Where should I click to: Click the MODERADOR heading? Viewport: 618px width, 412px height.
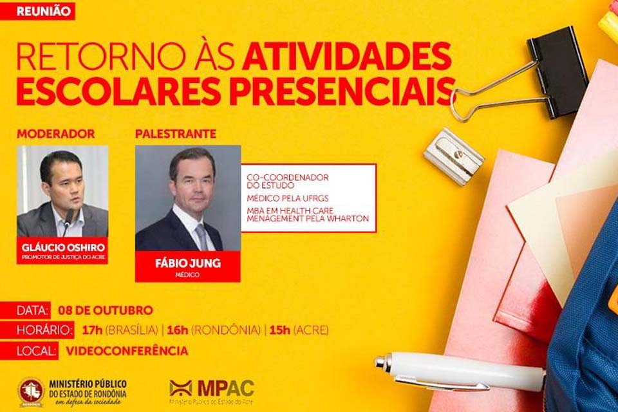[x=55, y=134]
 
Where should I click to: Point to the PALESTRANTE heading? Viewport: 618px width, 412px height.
[x=176, y=134]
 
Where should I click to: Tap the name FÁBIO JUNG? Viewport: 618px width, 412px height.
[x=187, y=263]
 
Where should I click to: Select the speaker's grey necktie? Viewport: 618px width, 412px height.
[x=202, y=236]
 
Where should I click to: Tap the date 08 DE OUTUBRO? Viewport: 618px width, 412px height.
[x=105, y=310]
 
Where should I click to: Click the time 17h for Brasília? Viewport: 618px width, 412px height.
[x=93, y=330]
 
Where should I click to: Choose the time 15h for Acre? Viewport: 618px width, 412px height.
[x=280, y=330]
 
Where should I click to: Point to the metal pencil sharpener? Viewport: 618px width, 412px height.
[x=453, y=155]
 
